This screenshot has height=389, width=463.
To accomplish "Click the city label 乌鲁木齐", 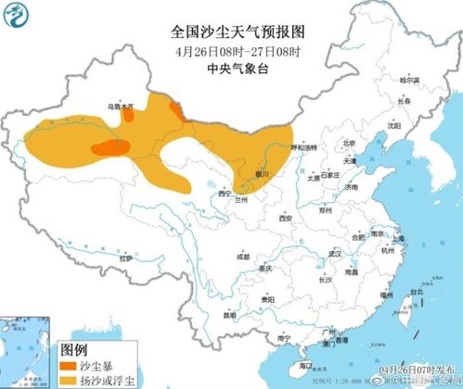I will coord(120,107).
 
